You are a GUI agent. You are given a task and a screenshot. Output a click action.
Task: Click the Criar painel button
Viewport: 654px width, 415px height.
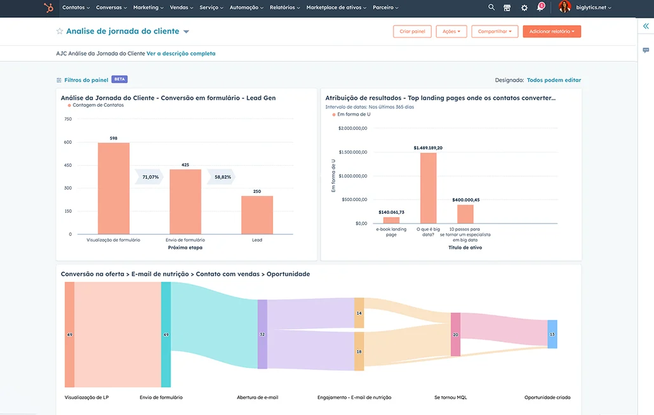(x=412, y=31)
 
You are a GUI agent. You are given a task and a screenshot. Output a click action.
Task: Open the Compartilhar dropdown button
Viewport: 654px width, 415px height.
(x=495, y=31)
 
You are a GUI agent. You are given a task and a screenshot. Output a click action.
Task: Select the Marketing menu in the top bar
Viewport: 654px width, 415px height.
(x=148, y=8)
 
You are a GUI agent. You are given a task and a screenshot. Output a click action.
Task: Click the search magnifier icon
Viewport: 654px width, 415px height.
(x=491, y=7)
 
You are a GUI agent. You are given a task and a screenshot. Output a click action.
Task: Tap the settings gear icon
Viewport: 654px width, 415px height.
(x=524, y=8)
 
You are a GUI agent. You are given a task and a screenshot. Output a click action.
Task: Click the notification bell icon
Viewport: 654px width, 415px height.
(x=540, y=7)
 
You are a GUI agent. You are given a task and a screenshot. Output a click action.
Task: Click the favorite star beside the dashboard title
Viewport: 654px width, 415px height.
(x=60, y=31)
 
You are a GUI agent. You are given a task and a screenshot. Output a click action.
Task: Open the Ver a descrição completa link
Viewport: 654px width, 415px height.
(x=181, y=53)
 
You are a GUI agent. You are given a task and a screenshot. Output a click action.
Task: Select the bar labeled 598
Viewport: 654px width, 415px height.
(x=114, y=188)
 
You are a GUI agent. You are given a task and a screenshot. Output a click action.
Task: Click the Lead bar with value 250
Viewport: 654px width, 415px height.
(x=257, y=215)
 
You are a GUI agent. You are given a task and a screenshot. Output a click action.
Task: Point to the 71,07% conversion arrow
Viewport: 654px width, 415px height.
(x=149, y=177)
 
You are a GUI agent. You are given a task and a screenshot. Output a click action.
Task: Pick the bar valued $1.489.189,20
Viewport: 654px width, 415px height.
(x=429, y=188)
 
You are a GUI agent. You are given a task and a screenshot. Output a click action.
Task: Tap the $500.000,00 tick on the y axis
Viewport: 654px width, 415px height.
(x=354, y=200)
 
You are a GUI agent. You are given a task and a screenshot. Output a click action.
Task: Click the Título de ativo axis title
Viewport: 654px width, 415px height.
(x=465, y=247)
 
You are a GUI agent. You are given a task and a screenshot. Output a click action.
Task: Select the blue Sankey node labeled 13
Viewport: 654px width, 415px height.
(x=552, y=334)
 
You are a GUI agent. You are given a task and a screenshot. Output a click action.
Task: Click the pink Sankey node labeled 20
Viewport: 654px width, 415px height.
(x=455, y=334)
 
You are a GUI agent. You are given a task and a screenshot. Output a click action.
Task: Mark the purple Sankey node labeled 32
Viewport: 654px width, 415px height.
(x=262, y=334)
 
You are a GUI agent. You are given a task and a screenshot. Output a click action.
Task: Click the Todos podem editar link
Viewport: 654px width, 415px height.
(x=554, y=80)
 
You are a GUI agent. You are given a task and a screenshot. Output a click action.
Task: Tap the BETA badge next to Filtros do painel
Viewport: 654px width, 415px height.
(x=120, y=79)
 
